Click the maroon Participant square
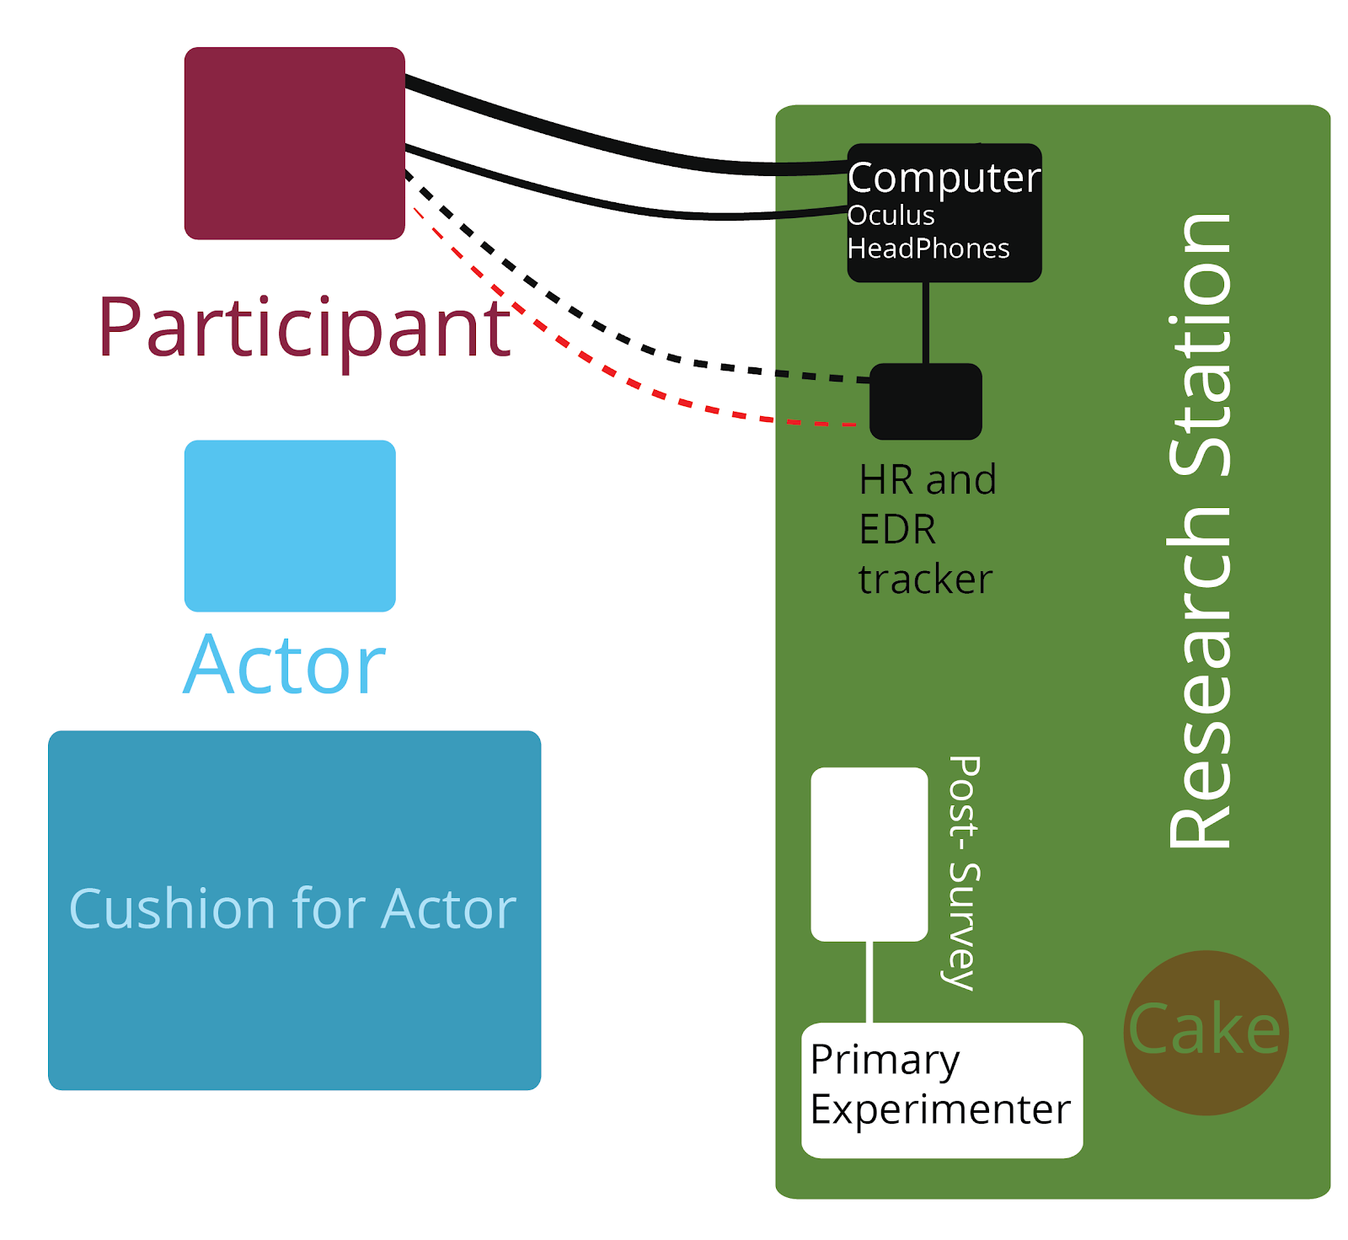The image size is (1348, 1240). (294, 143)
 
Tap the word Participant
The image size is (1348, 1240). (303, 329)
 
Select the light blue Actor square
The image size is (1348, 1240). (290, 526)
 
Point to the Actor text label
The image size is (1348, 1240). (285, 665)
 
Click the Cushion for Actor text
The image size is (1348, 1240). (292, 909)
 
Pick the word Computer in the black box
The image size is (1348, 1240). (944, 178)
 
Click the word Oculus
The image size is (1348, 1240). (891, 216)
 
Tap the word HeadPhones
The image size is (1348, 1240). (928, 249)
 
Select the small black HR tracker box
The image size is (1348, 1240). (925, 402)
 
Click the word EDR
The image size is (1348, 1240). (897, 530)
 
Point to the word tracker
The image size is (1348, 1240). (925, 580)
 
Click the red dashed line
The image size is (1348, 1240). (640, 388)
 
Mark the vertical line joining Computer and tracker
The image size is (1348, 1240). (926, 323)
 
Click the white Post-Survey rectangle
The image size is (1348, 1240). (869, 853)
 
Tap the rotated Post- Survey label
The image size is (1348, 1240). (962, 873)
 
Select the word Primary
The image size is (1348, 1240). (884, 1061)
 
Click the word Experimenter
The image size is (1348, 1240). (940, 1109)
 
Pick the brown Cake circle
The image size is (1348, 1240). (1206, 1033)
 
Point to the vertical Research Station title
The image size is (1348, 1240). (1200, 531)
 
